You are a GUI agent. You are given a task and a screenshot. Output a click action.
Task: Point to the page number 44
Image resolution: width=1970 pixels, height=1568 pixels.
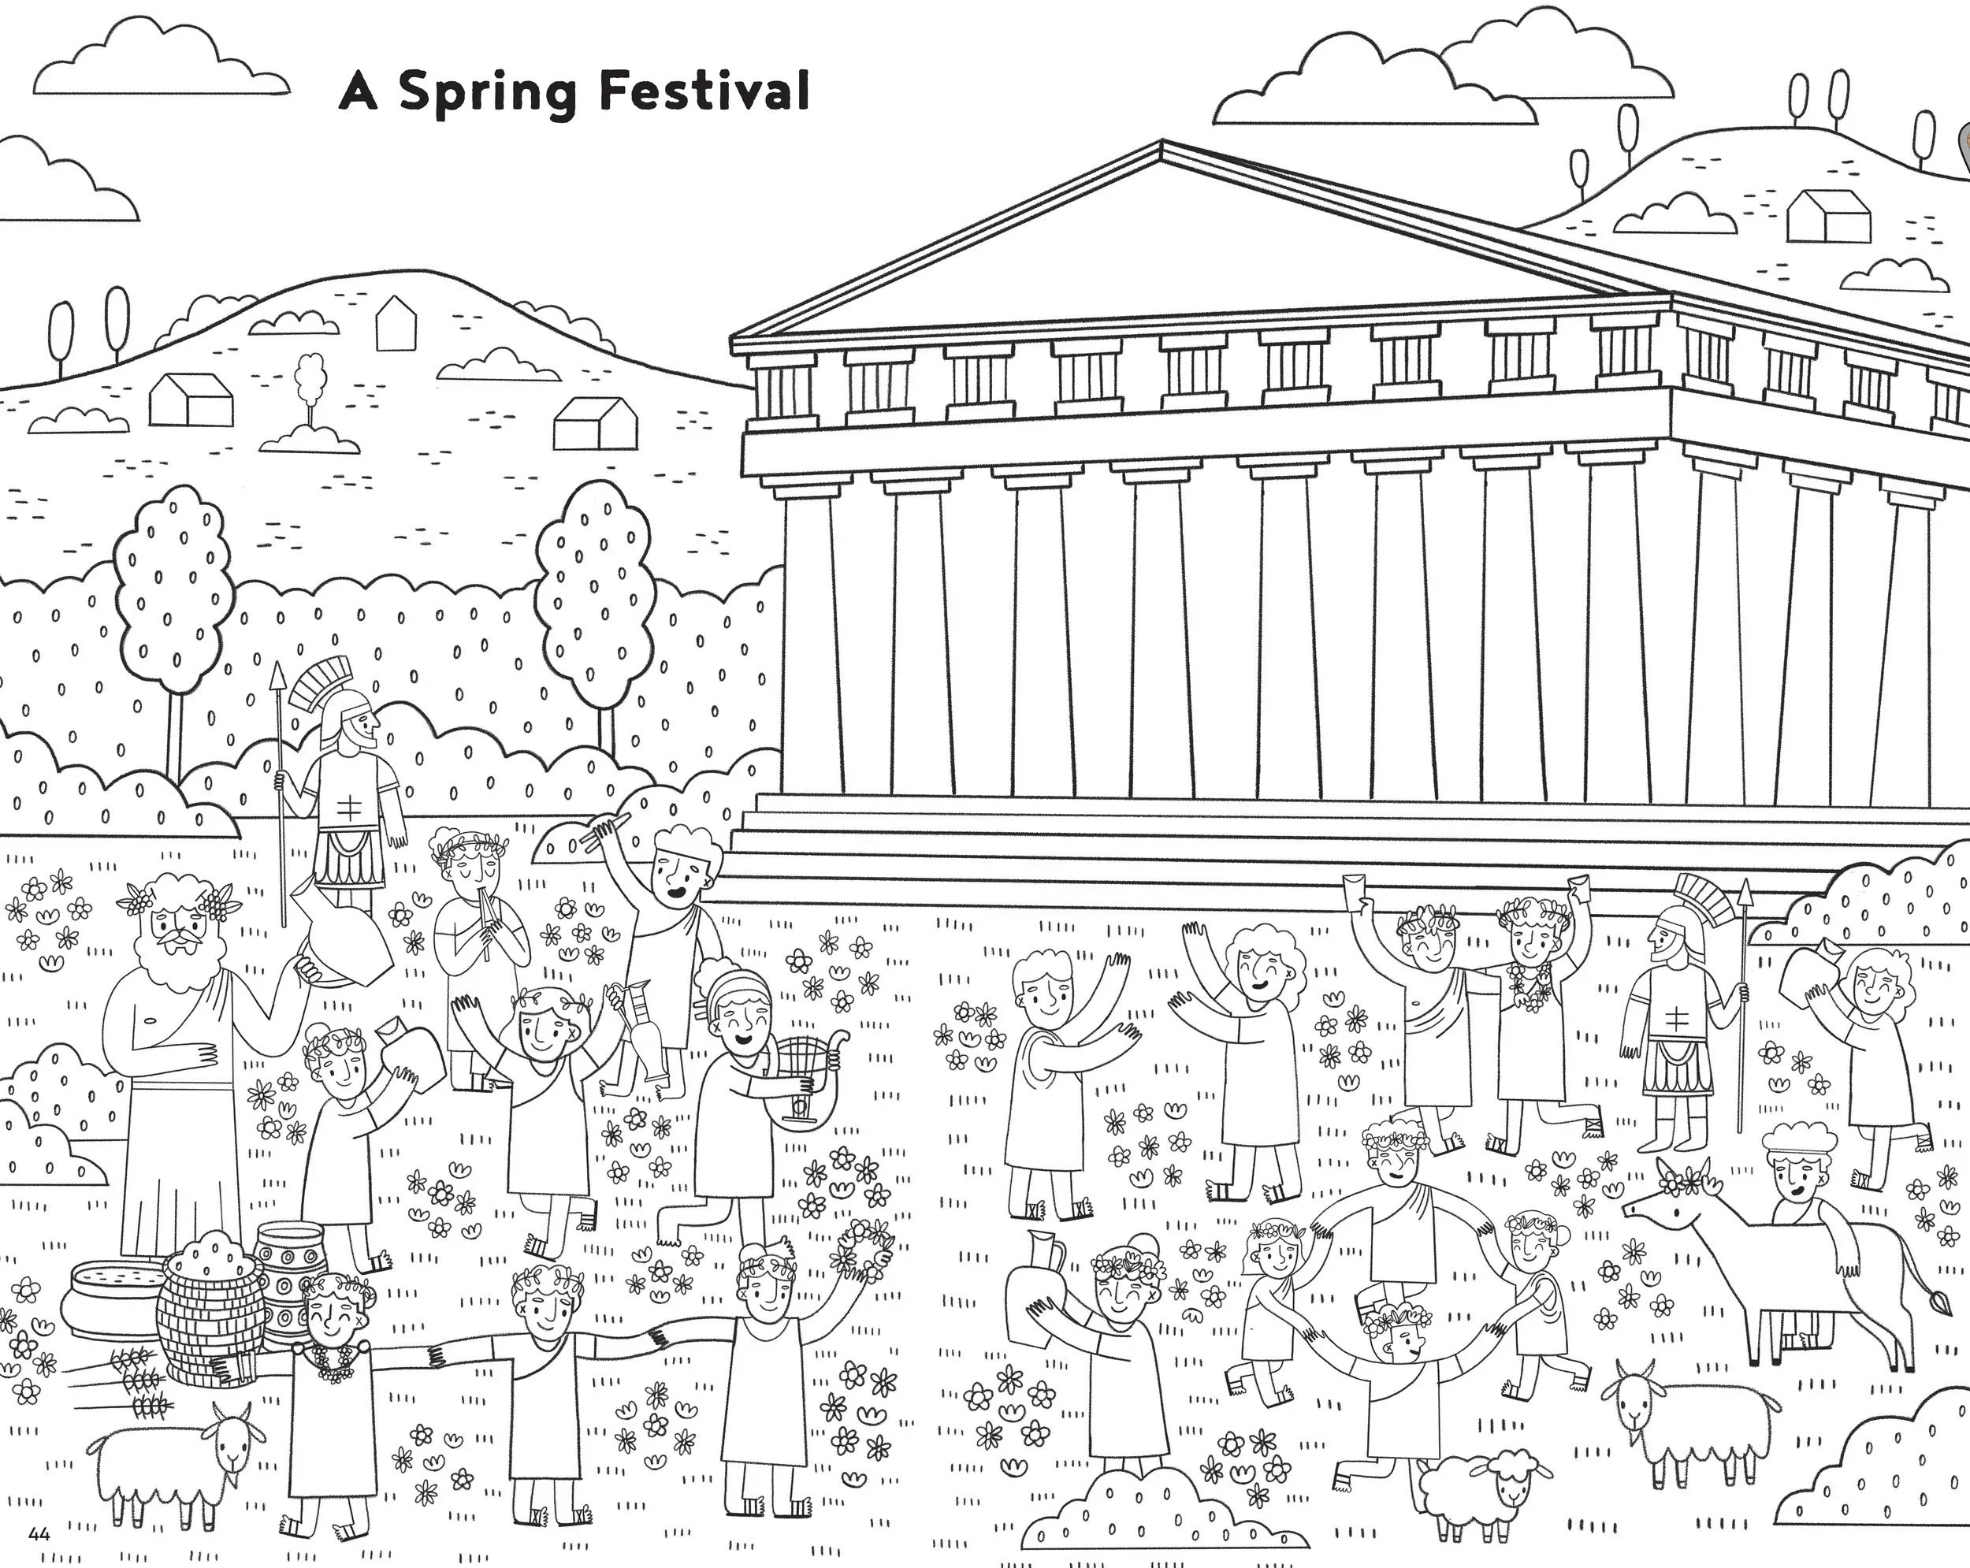(39, 1533)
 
